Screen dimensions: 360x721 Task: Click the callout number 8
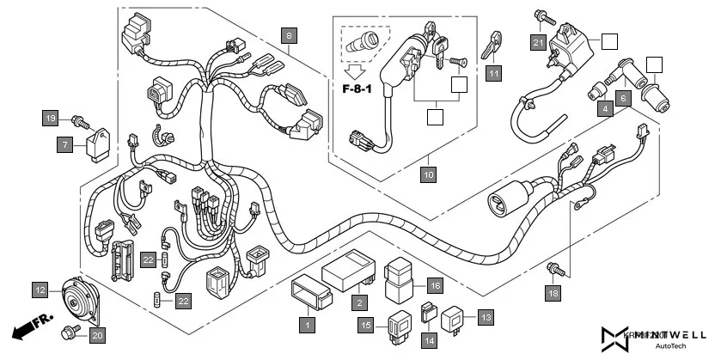(290, 35)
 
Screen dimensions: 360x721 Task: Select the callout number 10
(429, 174)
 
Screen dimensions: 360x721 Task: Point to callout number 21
(537, 42)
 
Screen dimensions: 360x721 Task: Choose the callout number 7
(66, 145)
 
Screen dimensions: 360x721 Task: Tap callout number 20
(96, 335)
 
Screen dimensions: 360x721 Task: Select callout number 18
(553, 293)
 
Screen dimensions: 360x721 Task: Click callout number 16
(435, 285)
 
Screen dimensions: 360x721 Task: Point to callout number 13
(486, 317)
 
